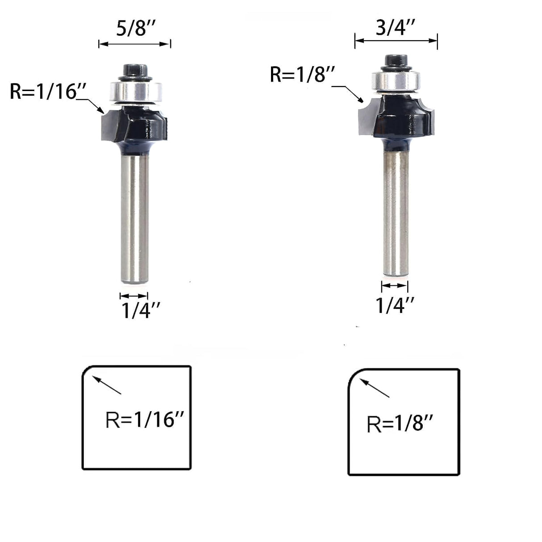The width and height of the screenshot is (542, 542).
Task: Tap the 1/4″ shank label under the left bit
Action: [141, 311]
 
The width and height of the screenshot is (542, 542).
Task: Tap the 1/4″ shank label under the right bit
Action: [395, 305]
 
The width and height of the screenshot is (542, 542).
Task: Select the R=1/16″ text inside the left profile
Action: [146, 420]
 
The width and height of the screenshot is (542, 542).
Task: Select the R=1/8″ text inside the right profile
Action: [400, 424]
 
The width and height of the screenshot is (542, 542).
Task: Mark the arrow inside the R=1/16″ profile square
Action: [107, 385]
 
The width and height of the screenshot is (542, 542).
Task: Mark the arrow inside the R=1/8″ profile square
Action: [375, 388]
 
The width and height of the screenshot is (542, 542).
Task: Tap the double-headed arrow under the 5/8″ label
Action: [134, 44]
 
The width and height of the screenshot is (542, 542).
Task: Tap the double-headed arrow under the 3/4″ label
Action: [396, 41]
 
